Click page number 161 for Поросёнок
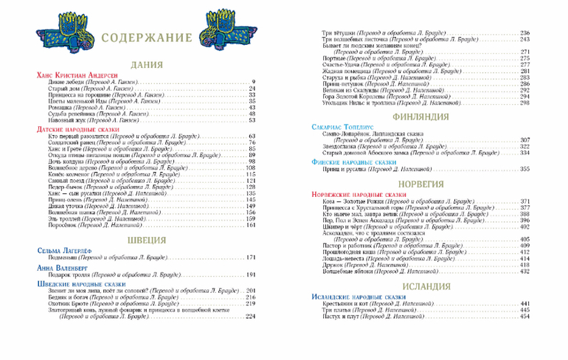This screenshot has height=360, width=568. (x=250, y=225)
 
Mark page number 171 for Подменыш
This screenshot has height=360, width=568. (x=250, y=257)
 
